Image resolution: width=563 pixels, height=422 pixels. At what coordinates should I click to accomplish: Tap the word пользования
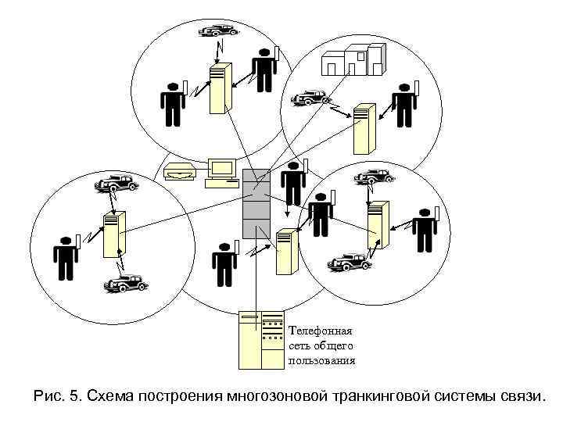322,360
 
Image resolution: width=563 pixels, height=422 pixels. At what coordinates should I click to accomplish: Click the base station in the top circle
220,88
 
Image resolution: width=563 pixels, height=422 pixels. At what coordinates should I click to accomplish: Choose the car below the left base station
126,282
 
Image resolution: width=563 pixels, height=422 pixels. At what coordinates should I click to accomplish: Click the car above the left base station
115,184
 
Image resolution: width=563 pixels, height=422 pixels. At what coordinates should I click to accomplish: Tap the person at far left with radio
66,256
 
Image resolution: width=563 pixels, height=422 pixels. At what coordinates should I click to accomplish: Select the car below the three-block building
310,98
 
